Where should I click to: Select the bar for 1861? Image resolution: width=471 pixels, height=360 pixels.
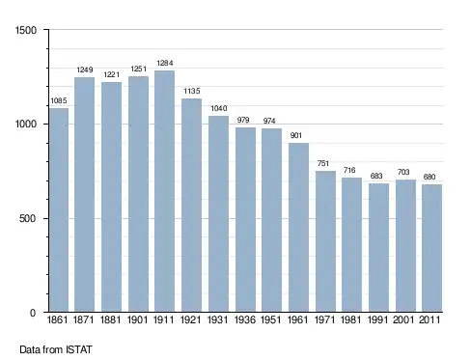(59, 209)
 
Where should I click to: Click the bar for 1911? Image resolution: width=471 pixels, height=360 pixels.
(164, 191)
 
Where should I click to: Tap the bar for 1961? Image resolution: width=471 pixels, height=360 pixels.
(298, 227)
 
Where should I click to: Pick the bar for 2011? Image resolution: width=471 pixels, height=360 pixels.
(432, 248)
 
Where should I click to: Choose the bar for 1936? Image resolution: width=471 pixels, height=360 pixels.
(245, 219)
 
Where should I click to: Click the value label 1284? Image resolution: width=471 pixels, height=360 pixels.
(165, 63)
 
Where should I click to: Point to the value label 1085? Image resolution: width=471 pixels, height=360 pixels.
(59, 100)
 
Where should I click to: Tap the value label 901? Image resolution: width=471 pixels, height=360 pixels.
(296, 135)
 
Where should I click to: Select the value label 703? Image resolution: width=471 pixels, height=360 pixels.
(403, 172)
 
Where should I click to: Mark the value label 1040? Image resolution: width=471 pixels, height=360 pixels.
(219, 108)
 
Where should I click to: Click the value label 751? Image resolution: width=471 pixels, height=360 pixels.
(323, 163)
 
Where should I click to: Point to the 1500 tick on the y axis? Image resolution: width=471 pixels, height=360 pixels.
(26, 30)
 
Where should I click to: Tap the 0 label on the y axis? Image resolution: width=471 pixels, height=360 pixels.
(33, 313)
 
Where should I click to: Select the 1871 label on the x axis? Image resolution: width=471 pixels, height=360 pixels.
(84, 319)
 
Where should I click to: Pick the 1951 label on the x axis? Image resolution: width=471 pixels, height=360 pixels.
(271, 319)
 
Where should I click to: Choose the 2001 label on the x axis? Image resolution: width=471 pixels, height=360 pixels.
(403, 319)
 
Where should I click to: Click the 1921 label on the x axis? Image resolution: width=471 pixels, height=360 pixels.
(191, 319)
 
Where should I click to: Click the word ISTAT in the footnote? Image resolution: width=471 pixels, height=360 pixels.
(79, 349)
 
